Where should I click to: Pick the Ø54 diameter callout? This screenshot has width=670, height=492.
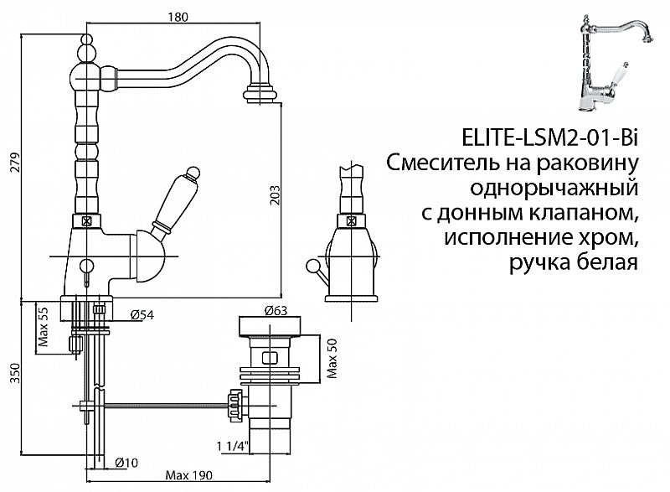tap(142, 315)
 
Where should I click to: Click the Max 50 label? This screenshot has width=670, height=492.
tap(332, 360)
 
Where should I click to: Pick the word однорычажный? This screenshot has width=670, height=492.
tap(554, 186)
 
